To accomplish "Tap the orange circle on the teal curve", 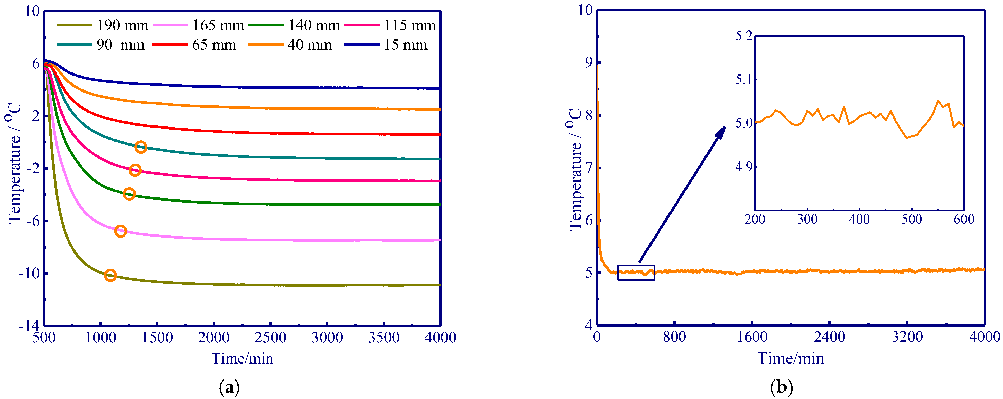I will pos(141,147).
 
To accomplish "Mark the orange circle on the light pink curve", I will pos(121,231).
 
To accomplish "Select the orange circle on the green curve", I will pos(129,194).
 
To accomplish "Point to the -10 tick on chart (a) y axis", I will pos(29,274).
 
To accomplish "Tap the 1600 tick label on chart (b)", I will pos(752,337).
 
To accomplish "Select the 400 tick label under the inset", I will pos(859,219).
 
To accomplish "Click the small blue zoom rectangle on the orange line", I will pos(636,273).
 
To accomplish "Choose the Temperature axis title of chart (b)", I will pos(575,170).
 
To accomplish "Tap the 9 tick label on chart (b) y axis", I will pos(589,62).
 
